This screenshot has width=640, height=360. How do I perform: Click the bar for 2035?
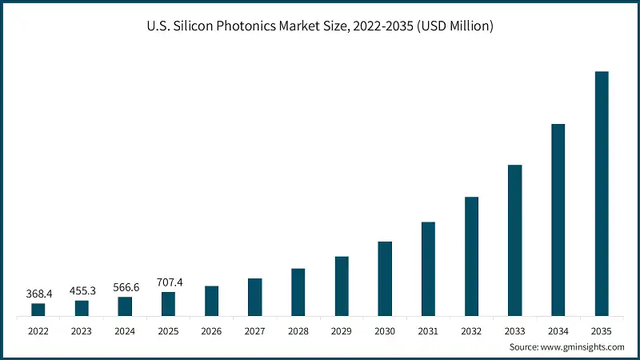(602, 194)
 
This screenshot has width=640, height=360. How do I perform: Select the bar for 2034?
(558, 220)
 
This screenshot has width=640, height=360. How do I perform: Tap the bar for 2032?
(472, 256)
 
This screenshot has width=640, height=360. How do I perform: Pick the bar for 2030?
(385, 278)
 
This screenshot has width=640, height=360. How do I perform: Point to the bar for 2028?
(298, 292)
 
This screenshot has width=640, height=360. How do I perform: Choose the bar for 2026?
(212, 301)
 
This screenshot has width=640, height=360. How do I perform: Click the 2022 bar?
(38, 310)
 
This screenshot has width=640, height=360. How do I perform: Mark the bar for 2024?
(125, 306)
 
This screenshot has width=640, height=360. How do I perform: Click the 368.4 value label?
(38, 294)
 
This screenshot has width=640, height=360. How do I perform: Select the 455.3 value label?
(82, 291)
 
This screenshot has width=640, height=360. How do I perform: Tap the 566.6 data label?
(125, 288)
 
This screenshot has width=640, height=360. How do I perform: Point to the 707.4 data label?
(168, 282)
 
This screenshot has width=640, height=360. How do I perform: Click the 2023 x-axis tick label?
(82, 330)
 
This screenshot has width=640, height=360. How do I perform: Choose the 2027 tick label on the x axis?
(255, 330)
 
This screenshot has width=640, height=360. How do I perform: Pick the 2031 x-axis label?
(428, 330)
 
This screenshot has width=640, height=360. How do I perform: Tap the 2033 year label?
(515, 330)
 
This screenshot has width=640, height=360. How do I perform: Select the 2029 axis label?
(342, 330)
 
